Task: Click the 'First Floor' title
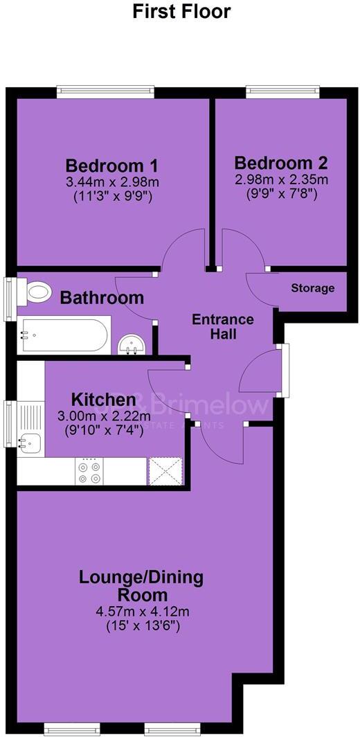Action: [x=181, y=12]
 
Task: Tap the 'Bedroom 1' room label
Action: [x=112, y=166]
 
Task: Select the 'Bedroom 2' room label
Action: [x=280, y=163]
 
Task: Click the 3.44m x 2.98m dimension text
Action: [x=112, y=183]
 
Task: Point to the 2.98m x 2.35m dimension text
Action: [x=280, y=180]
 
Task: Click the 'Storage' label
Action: [x=312, y=288]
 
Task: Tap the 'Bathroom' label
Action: [x=102, y=299]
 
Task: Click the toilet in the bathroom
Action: [x=36, y=292]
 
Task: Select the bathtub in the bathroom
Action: [x=63, y=336]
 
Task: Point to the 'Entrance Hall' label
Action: [x=223, y=327]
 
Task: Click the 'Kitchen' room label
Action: [x=103, y=400]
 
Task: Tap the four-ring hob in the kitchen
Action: [x=89, y=472]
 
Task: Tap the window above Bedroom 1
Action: [x=105, y=90]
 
